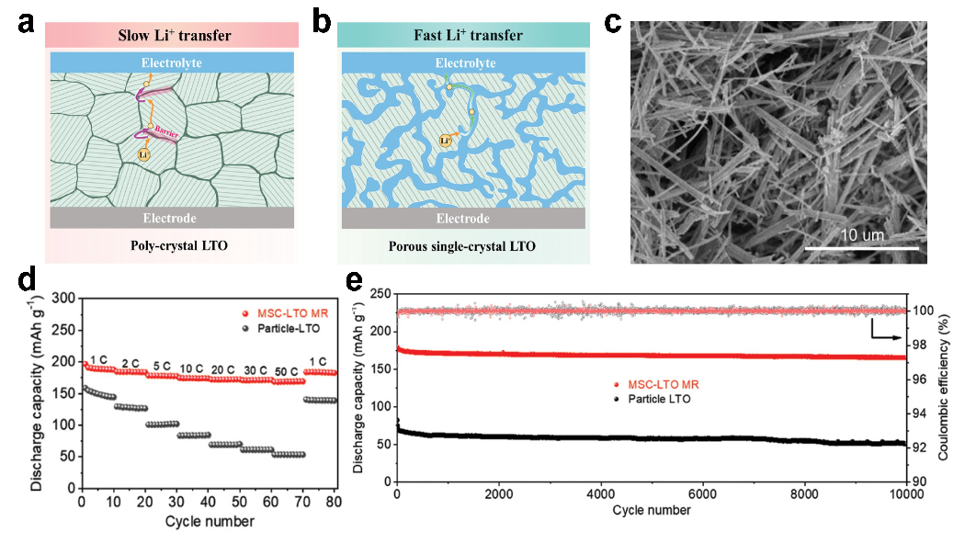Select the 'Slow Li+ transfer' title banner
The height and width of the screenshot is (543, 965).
coord(174,36)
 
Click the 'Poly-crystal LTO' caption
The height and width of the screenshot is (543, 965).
coord(174,246)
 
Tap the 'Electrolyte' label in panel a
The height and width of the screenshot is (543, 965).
coord(174,63)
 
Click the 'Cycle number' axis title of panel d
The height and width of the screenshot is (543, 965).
coord(210,522)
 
